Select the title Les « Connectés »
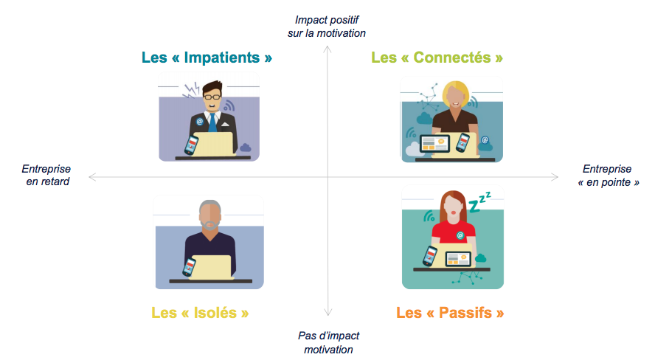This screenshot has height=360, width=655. point(437,58)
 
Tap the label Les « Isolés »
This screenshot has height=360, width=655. point(200,312)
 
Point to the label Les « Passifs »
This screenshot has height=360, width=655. point(450,312)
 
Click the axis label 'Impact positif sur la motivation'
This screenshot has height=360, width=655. point(326,26)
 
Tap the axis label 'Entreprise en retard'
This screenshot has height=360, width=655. point(46,175)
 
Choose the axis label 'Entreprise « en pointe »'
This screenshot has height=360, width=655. point(607,175)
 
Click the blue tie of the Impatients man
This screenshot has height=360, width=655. point(212,120)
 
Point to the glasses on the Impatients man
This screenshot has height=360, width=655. point(212,97)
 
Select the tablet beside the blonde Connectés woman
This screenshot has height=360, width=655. point(434,144)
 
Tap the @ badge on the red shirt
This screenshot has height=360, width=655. point(460,235)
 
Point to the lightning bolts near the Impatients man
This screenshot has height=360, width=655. point(190,91)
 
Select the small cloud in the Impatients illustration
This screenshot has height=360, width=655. point(246,148)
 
